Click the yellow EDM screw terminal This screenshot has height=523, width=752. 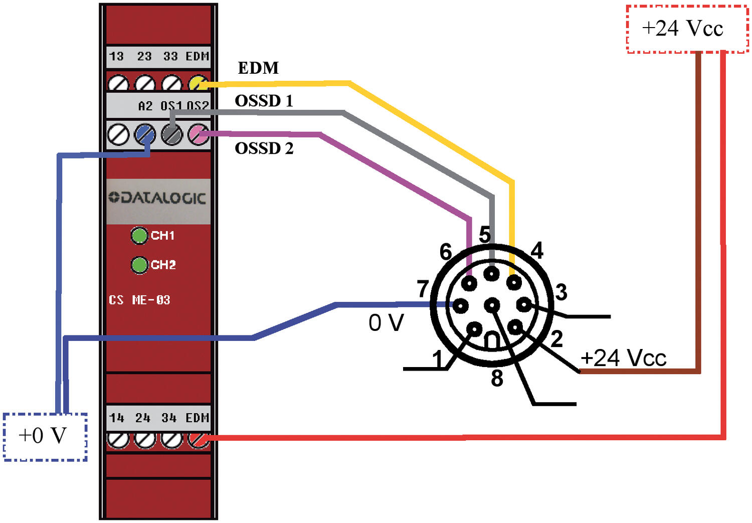pos(198,83)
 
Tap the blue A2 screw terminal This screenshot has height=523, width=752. pos(145,134)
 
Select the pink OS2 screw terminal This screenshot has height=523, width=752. pos(198,134)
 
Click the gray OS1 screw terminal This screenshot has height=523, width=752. pos(171,134)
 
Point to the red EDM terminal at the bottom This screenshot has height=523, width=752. pos(198,440)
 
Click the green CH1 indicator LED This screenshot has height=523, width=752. pos(139,235)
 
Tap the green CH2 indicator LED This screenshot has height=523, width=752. pos(139,265)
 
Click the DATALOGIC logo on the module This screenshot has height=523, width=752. pos(157,198)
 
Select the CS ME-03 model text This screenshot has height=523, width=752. pos(139,300)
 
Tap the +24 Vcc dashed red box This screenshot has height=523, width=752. pos(686,29)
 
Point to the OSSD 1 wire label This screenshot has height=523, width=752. pos(264,101)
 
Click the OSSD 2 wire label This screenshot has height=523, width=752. pos(264,148)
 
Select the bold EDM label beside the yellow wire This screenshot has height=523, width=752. pos(258,68)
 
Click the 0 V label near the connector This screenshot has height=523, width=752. pos(386,323)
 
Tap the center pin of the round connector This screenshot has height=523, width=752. pos(492,304)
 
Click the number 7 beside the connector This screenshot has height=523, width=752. pos(423,289)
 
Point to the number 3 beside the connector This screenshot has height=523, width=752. pos(561,292)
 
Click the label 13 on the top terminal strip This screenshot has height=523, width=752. pos(116,56)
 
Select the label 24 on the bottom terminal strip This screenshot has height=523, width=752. pos(143,418)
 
